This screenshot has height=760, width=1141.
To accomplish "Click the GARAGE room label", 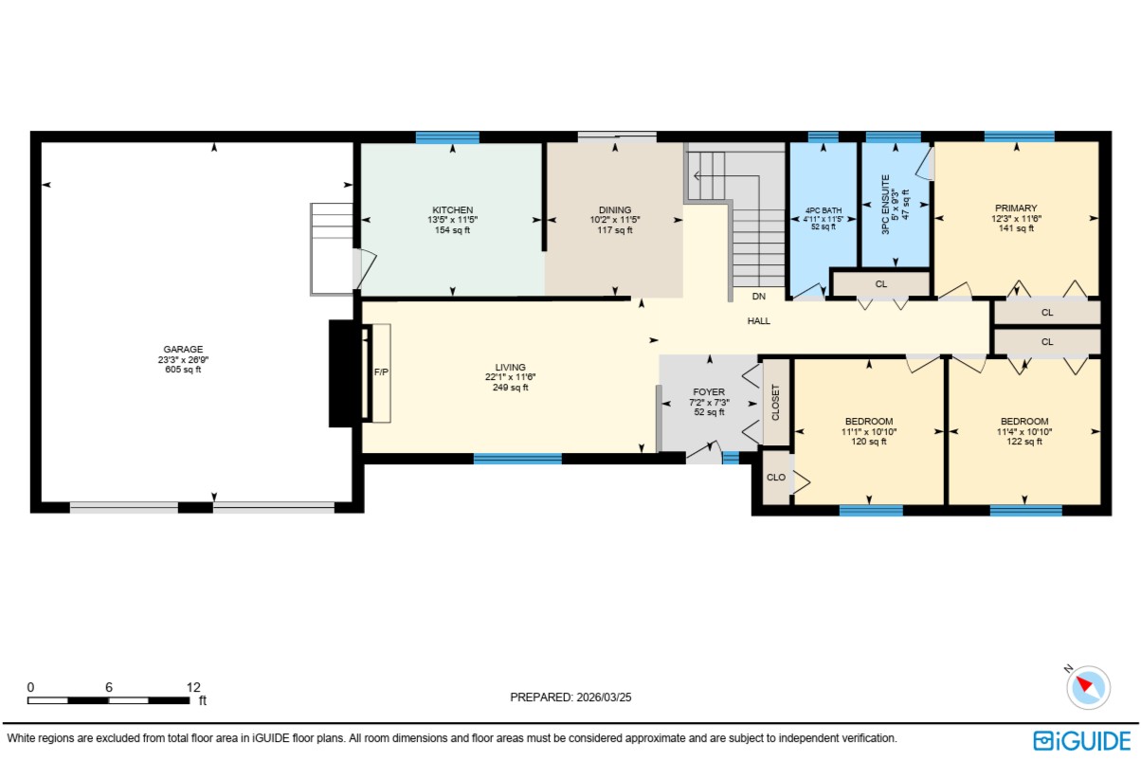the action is [x=183, y=350].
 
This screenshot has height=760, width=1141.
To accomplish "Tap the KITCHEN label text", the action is [x=452, y=209].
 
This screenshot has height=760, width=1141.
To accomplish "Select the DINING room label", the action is [x=615, y=209].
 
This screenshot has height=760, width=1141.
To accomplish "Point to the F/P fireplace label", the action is [x=381, y=372].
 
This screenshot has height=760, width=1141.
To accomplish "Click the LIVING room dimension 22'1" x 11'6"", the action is [x=510, y=377].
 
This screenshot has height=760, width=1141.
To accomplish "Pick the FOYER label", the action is [x=709, y=392].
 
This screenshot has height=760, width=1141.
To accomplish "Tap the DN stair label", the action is [x=758, y=297].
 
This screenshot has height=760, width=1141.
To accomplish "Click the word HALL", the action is [x=758, y=321].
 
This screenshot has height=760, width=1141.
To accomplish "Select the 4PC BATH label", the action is [x=824, y=210].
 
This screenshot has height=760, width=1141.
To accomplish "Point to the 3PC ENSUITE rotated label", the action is [x=886, y=205].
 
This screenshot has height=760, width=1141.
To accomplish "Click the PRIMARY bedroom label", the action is [x=1016, y=208].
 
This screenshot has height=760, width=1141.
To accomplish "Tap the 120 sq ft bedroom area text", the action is [x=868, y=442].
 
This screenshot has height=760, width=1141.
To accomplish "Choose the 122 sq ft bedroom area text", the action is [x=1023, y=442].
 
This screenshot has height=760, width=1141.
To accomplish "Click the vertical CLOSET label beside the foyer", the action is [x=776, y=403].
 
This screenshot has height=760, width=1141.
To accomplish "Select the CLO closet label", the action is [x=776, y=478].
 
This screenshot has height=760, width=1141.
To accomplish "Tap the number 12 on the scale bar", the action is [x=193, y=687].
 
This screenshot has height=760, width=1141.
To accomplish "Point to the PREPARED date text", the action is [x=570, y=697].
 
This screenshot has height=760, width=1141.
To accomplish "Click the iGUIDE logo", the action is [x=1082, y=741].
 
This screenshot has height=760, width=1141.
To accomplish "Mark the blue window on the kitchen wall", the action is [x=447, y=137].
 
